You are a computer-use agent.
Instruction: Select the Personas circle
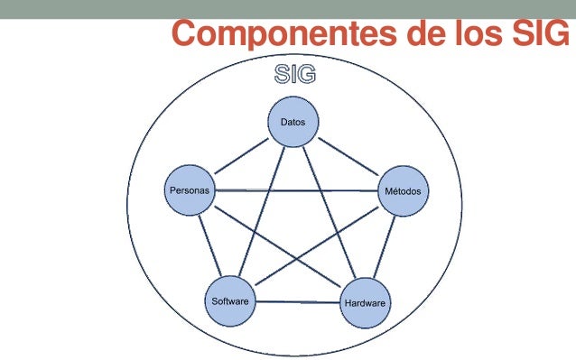pos(190,190)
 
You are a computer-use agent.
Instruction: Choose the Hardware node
pos(365,302)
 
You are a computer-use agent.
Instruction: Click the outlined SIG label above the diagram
pos(296,76)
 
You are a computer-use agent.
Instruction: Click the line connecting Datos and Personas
pos(241,157)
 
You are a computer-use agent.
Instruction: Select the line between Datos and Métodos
pos(348,157)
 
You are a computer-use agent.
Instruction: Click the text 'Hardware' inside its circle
pos(365,303)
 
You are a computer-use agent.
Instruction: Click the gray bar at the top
pos(288,9)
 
